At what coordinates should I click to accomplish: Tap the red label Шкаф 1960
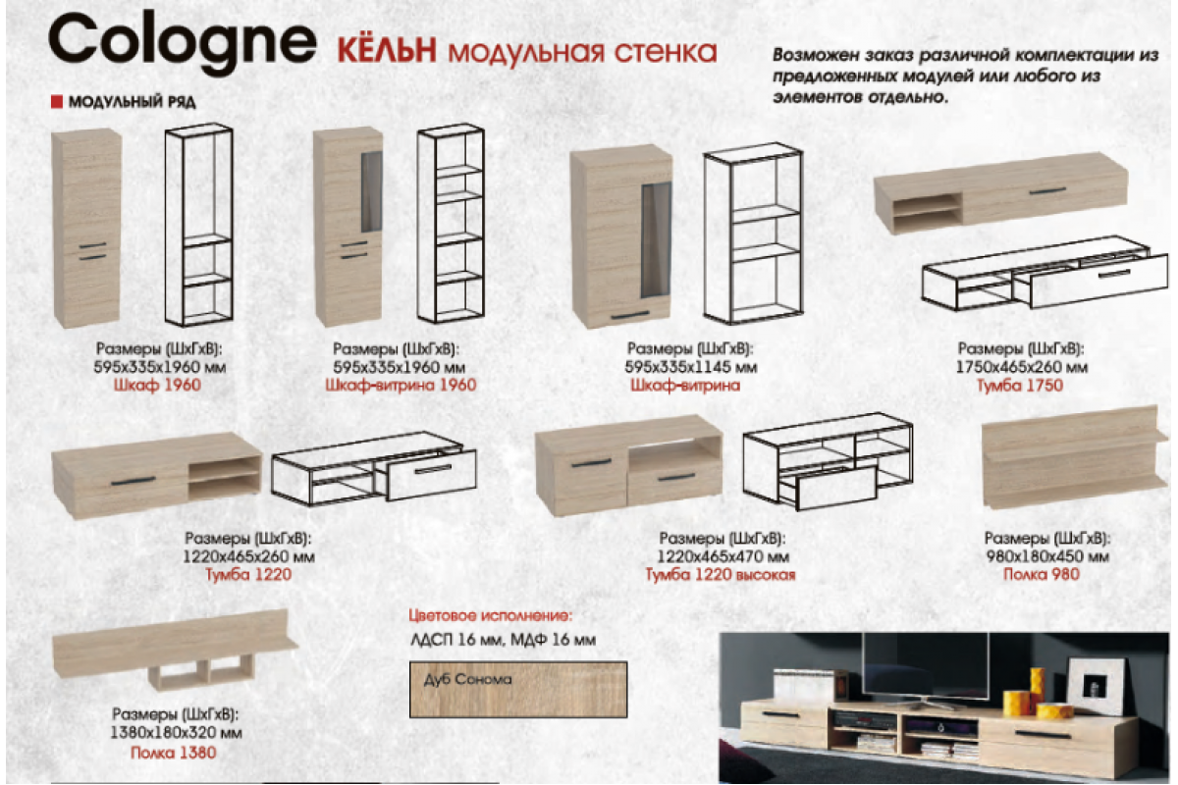click(157, 386)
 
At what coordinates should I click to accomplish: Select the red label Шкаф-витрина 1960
click(400, 386)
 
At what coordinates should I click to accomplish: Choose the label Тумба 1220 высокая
click(720, 575)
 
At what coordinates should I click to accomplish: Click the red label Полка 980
click(1041, 574)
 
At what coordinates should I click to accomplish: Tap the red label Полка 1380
click(174, 753)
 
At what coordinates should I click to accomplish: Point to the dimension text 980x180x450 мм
click(1046, 556)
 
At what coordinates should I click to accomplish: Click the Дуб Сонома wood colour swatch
click(517, 689)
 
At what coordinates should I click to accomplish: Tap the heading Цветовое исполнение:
click(489, 617)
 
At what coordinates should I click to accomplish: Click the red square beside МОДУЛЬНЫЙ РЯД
click(56, 101)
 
